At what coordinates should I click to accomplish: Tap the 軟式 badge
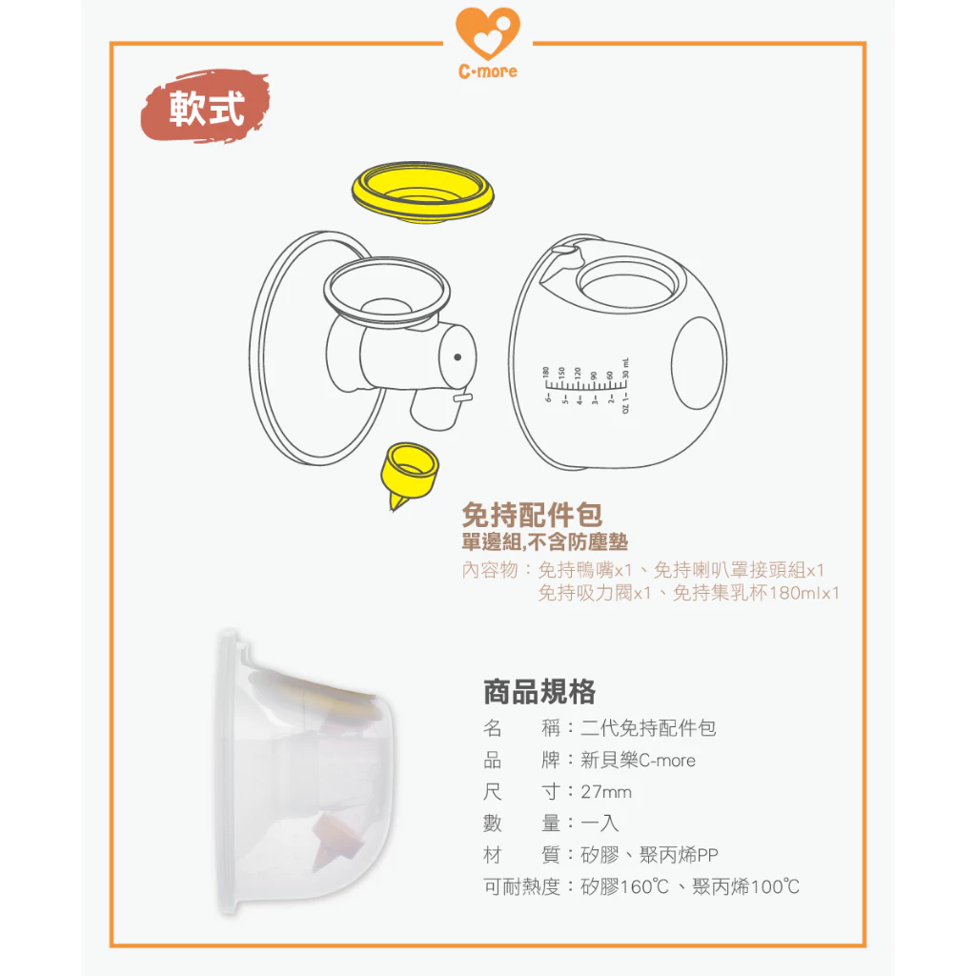[x=206, y=108]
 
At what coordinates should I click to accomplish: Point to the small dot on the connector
[x=458, y=356]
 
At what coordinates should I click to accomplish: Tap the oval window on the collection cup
[x=698, y=363]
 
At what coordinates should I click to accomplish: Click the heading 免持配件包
[x=532, y=516]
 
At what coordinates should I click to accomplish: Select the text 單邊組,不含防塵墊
[x=544, y=543]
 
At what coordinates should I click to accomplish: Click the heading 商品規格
[x=539, y=691]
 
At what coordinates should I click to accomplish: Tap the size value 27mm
[x=606, y=792]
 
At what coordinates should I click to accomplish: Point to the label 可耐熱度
[x=522, y=887]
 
